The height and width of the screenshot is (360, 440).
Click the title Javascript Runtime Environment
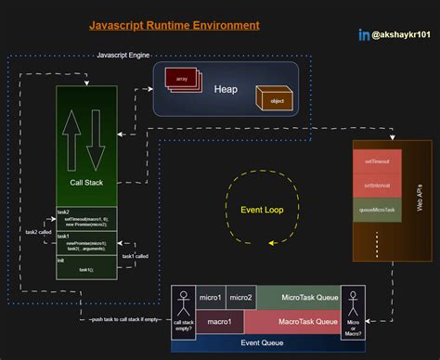pos(174,25)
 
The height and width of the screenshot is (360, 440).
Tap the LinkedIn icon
pos(364,34)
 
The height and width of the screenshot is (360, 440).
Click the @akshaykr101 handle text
pos(401,34)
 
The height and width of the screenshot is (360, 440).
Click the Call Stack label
pos(85,183)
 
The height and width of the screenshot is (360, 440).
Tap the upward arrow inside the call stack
pos(74,137)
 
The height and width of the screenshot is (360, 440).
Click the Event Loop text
pos(261,210)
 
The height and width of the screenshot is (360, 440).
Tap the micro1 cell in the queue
pos(211,298)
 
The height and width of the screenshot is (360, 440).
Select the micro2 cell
pos(240,298)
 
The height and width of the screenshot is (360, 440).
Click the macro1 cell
pos(219,321)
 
